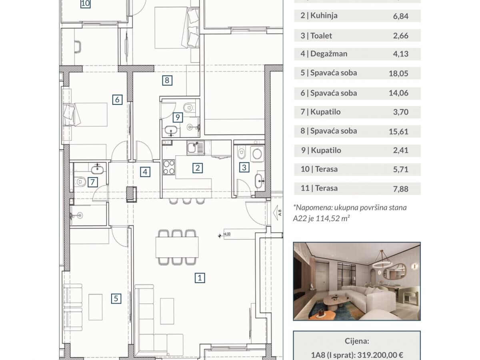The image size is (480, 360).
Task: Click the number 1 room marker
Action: (x=200, y=278)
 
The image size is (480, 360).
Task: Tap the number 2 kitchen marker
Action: (x=198, y=168)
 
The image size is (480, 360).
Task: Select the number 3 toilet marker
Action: (x=244, y=168)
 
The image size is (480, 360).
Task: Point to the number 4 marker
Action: (x=145, y=172)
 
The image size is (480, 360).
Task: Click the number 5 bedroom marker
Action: (x=116, y=298)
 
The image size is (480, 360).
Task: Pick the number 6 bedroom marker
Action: (x=117, y=100)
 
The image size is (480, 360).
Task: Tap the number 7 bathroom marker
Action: (x=92, y=182)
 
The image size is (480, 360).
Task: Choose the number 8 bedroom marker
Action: (x=167, y=80)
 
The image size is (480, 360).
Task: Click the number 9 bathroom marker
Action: (x=178, y=117)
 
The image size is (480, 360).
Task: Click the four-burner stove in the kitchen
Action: (x=169, y=168)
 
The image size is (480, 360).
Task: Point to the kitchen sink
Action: (x=196, y=148)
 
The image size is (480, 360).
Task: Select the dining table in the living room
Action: (x=177, y=247)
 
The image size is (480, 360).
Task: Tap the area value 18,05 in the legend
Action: (x=398, y=74)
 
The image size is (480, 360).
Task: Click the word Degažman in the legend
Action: (x=329, y=54)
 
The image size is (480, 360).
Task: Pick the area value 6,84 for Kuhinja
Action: (x=401, y=16)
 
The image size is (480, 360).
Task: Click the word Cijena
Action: (x=357, y=341)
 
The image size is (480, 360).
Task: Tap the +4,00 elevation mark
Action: (x=227, y=234)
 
